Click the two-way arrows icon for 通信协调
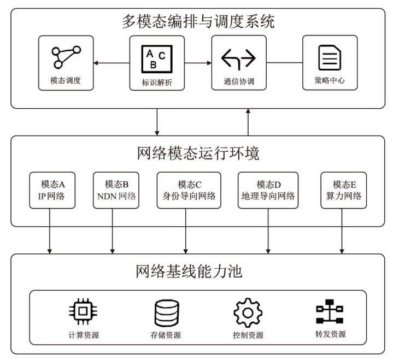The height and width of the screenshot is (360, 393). pyautogui.click(x=238, y=57)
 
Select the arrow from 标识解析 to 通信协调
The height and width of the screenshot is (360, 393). pyautogui.click(x=198, y=63)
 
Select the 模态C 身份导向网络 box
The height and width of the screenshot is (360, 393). pyautogui.click(x=189, y=190)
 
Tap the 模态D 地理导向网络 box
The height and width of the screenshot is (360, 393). pyautogui.click(x=268, y=190)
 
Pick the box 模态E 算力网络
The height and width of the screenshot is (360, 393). pyautogui.click(x=343, y=190)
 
